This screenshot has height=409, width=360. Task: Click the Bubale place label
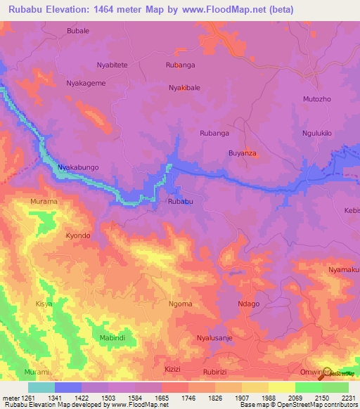(x=77, y=32)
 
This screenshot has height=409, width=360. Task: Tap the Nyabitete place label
(x=112, y=65)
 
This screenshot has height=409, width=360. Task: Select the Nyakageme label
(x=86, y=83)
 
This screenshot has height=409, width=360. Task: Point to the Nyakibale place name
(x=184, y=88)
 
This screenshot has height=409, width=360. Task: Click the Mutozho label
(x=316, y=100)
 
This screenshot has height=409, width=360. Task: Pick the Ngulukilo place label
(x=316, y=133)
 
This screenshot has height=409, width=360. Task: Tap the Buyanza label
(x=243, y=152)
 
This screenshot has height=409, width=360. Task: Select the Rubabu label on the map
(x=181, y=202)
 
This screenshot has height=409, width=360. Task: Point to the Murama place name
(x=44, y=202)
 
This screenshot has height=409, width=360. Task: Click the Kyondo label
(x=78, y=235)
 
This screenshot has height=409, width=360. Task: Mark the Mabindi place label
(x=95, y=337)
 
